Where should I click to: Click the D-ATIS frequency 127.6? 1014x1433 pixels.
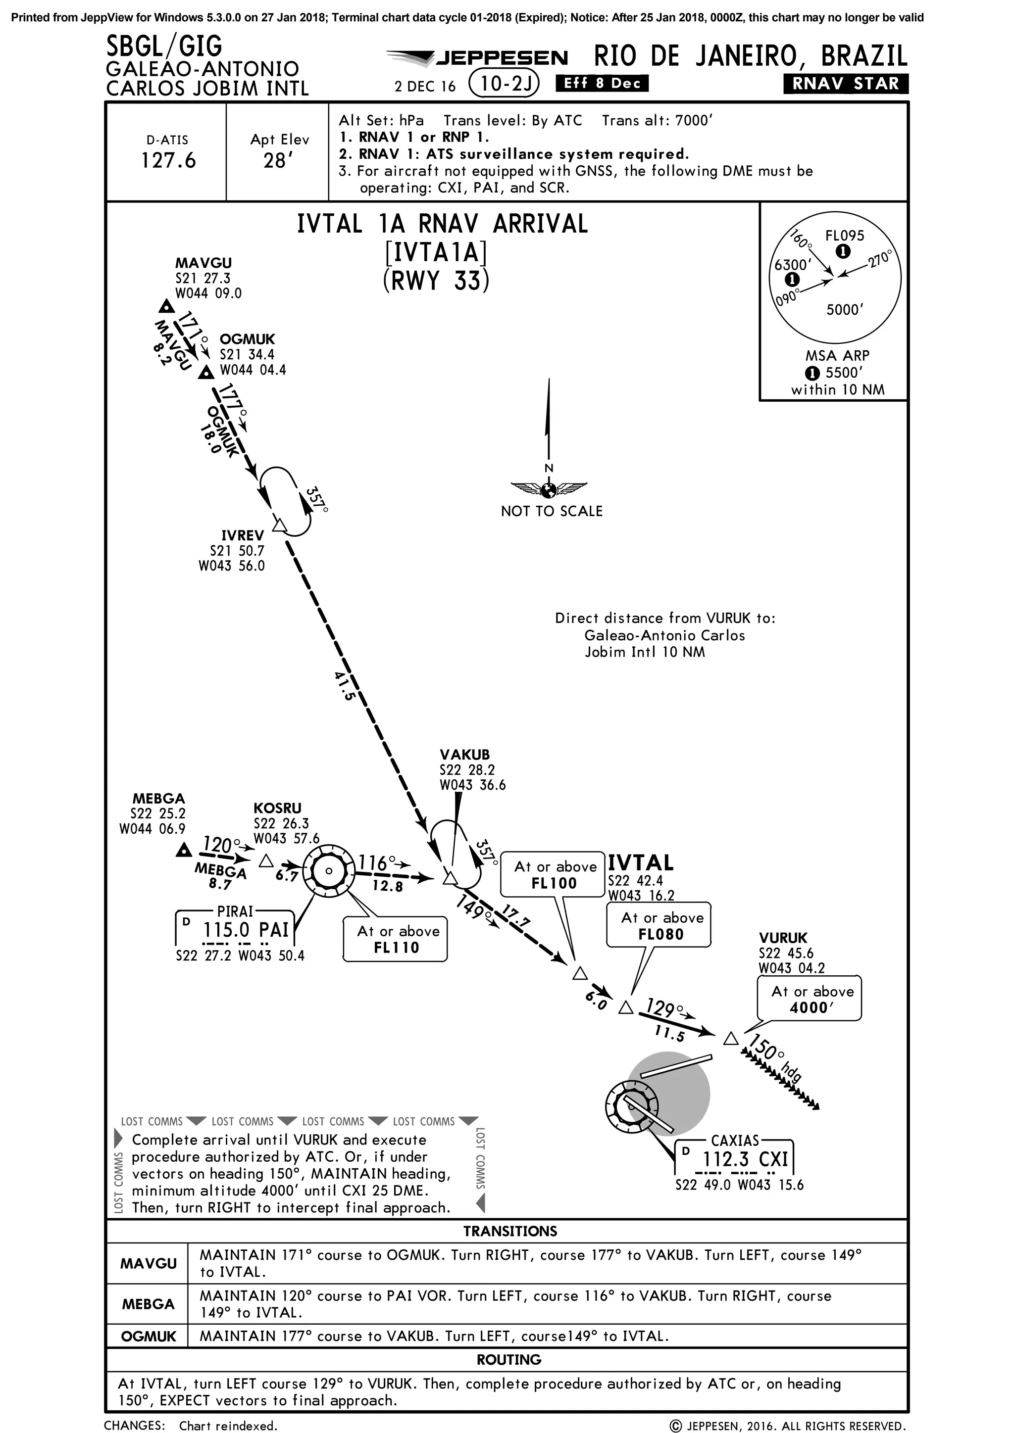tap(168, 160)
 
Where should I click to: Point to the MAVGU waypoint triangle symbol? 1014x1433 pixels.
tap(166, 306)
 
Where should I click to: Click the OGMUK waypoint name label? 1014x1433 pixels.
tap(247, 339)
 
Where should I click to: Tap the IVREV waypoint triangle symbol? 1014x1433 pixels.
tap(280, 525)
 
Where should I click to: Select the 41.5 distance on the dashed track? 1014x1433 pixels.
tap(344, 685)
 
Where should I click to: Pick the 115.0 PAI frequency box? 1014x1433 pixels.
tap(235, 930)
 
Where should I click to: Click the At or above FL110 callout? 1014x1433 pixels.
tap(395, 939)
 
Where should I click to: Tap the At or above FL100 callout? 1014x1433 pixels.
tap(553, 874)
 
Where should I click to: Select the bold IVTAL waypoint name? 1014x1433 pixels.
tap(641, 863)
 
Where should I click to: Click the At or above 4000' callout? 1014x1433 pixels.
tap(809, 999)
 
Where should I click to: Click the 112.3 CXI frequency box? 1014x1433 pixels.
tap(735, 1159)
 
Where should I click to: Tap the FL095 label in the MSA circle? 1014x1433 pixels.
tap(844, 236)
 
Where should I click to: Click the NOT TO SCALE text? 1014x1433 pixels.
tap(552, 511)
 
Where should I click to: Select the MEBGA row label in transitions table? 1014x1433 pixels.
tap(148, 1304)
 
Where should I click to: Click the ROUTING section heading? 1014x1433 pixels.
tap(508, 1359)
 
